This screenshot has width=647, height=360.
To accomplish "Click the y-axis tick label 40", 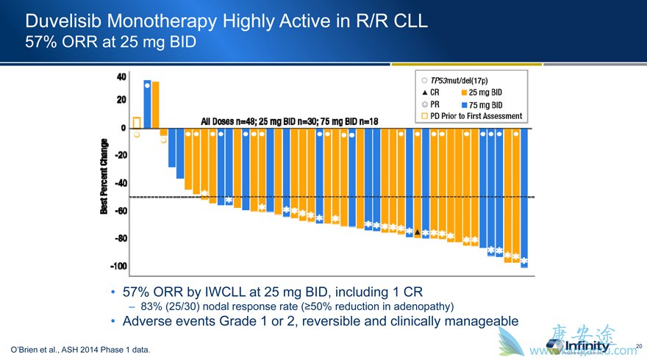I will (x=121, y=76).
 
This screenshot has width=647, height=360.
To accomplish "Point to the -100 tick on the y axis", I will (x=118, y=266).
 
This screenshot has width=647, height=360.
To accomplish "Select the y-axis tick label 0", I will (x=123, y=129).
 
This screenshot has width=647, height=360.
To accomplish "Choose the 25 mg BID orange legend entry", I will (x=485, y=93).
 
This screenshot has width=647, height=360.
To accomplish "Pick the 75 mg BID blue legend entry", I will (x=485, y=104).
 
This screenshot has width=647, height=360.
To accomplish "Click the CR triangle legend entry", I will (x=432, y=93).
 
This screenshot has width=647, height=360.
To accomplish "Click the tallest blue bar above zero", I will (x=148, y=104).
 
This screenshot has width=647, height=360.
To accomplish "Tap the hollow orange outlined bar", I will (x=137, y=123).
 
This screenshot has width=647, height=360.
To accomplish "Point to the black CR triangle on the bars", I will (x=418, y=232).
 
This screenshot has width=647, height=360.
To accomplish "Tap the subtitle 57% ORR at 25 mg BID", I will (x=110, y=42).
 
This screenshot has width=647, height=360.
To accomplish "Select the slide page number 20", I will (x=638, y=345).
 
